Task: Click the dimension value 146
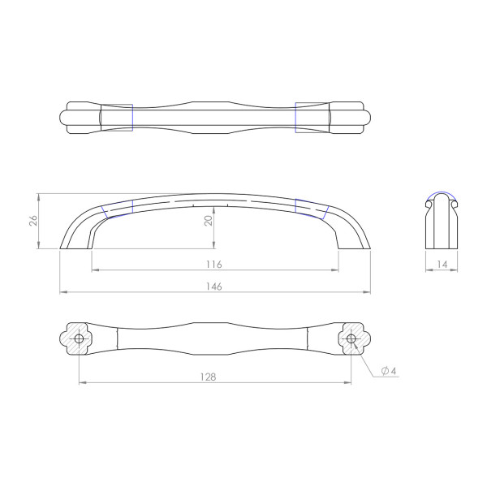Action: pyautogui.click(x=214, y=287)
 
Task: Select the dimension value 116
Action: pyautogui.click(x=214, y=265)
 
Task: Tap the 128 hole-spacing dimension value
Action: pyautogui.click(x=208, y=377)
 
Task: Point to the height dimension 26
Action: pyautogui.click(x=33, y=221)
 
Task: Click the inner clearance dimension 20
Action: pyautogui.click(x=209, y=221)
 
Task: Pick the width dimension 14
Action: pyautogui.click(x=442, y=265)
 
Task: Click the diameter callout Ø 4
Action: pyautogui.click(x=389, y=371)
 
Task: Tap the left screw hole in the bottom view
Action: pyautogui.click(x=79, y=338)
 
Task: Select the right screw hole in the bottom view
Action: pyautogui.click(x=351, y=338)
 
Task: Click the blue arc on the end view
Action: pyautogui.click(x=442, y=192)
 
